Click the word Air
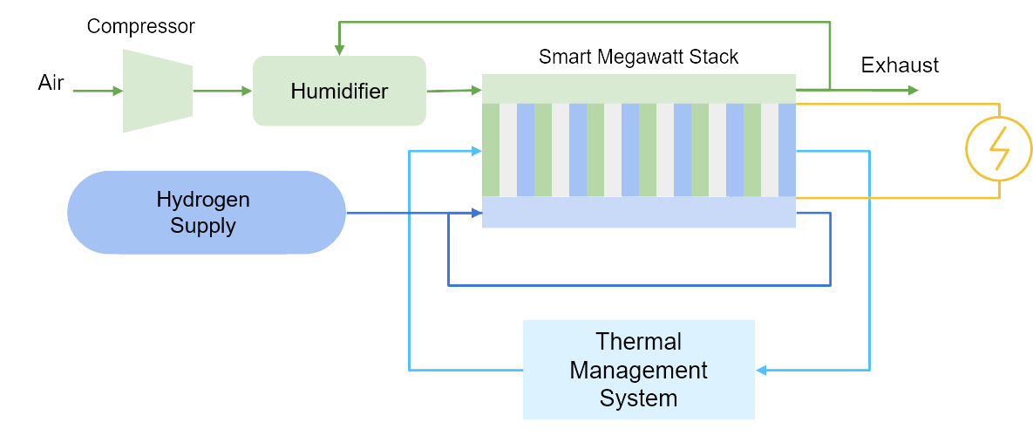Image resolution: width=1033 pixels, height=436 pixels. [x=51, y=83]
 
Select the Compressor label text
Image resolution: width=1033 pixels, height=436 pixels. [x=140, y=27]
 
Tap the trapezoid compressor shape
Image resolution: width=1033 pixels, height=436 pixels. [x=157, y=91]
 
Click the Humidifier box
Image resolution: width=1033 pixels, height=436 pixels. [x=339, y=91]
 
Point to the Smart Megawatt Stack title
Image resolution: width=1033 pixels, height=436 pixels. [x=638, y=58]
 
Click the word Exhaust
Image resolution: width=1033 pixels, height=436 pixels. [x=900, y=65]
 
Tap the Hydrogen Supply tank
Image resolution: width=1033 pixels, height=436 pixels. [x=207, y=213]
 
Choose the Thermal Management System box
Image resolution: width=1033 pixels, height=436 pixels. [x=638, y=370]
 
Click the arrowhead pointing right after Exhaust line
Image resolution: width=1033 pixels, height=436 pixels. [x=912, y=90]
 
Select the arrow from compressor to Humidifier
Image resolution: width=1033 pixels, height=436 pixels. [x=222, y=90]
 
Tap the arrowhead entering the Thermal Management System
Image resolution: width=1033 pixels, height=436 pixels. [x=761, y=371]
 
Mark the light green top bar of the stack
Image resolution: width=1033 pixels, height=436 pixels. [x=638, y=88]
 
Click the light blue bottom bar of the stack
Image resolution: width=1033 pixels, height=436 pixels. [x=638, y=212]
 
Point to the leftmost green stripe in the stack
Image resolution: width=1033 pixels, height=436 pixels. [x=490, y=149]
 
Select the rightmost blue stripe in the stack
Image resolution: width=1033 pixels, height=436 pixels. [x=787, y=149]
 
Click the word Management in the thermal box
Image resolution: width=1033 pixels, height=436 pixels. [x=638, y=370]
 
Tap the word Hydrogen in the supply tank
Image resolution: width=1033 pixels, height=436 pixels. [x=203, y=200]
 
